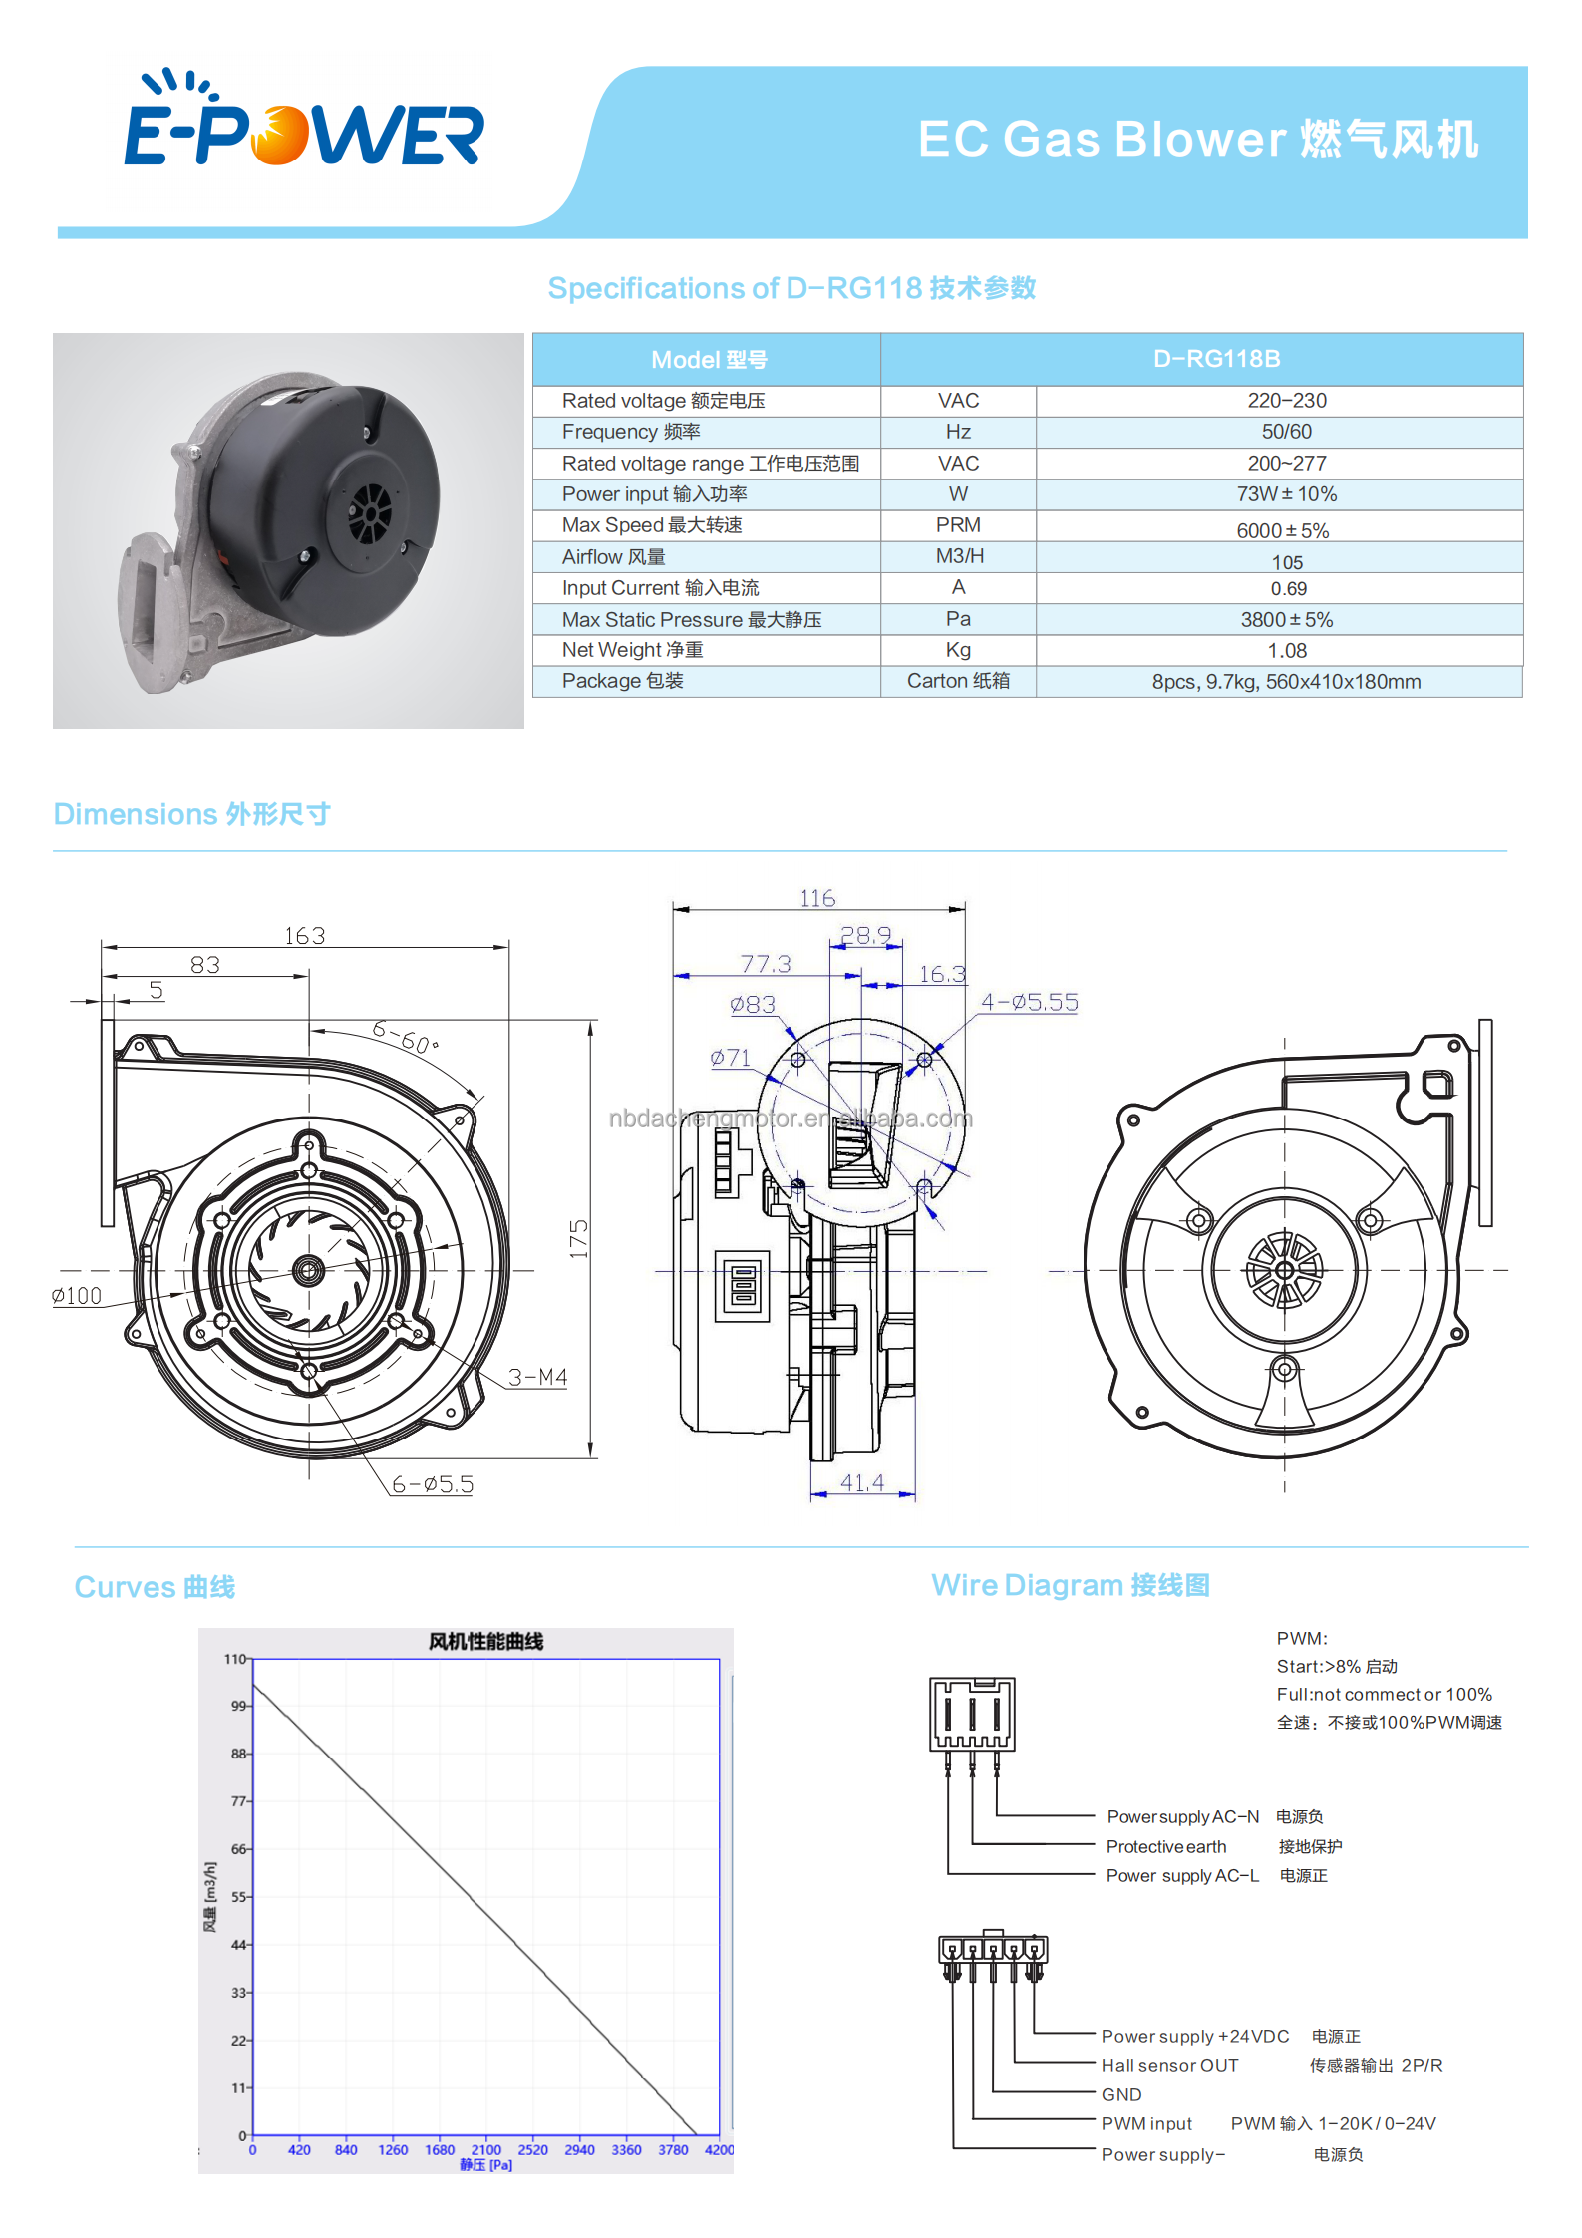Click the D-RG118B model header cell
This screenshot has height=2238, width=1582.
[x=1216, y=359]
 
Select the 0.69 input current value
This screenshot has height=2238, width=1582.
[x=1288, y=589]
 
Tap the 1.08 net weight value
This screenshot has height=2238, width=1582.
[x=1287, y=651]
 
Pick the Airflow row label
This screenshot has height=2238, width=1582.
[x=613, y=557]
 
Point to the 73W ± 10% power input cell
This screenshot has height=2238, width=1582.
[x=1286, y=494]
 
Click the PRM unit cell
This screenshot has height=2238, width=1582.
[x=958, y=525]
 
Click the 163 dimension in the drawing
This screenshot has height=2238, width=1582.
[x=304, y=936]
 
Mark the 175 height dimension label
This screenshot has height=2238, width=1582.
[x=579, y=1238]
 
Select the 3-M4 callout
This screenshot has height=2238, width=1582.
[x=537, y=1377]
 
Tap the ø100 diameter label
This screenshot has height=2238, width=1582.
[x=77, y=1296]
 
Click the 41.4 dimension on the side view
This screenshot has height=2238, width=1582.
[x=861, y=1483]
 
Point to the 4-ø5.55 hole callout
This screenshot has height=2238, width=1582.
[x=1029, y=1002]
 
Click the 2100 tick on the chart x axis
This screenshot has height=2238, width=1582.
[x=485, y=2150]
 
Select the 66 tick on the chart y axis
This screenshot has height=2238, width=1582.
[x=239, y=1849]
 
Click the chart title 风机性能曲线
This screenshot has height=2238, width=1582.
[x=485, y=1642]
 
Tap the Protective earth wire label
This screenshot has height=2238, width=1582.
[x=1165, y=1847]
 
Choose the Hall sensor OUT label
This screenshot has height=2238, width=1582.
[x=1169, y=2066]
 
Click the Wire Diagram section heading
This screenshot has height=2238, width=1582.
[x=1070, y=1585]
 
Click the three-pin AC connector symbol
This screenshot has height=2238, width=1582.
[x=972, y=1715]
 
